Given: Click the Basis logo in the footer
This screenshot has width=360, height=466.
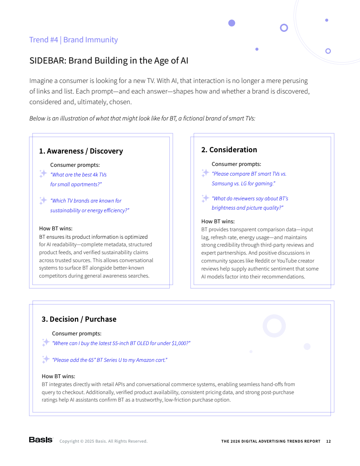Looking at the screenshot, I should point(41,440).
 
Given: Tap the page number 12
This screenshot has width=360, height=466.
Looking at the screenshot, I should point(328,441).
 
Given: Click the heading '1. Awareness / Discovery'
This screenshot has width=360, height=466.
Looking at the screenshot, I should point(81,151).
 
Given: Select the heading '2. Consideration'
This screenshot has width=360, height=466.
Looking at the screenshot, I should point(229,150).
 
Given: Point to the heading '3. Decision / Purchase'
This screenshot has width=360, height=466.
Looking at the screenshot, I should point(79,319).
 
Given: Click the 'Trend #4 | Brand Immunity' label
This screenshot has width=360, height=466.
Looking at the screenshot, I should point(73,40).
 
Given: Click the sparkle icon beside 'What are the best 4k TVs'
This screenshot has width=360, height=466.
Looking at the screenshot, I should point(43,174).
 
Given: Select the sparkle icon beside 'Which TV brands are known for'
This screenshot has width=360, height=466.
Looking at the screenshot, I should point(43,200).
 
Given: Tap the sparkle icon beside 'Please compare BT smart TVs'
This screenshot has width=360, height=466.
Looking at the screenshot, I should point(205,173).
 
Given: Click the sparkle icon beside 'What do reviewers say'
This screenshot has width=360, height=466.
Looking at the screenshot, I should point(205,198).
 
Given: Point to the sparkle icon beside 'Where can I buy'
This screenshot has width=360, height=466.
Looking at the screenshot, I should point(45,342).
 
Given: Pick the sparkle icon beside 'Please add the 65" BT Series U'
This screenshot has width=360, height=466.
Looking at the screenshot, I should point(45,359).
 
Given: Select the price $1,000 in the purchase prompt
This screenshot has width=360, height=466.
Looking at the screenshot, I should point(180,343).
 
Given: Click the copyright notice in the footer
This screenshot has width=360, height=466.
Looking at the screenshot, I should point(103,441).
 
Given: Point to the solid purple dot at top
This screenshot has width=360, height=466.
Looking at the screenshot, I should point(232,23).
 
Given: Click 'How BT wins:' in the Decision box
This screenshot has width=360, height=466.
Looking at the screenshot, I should point(58,376).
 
